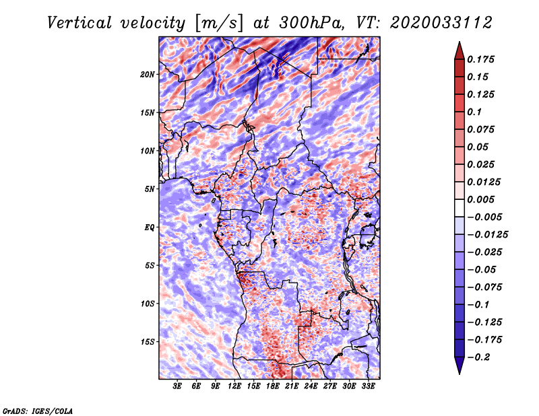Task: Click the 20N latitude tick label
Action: (x=147, y=74)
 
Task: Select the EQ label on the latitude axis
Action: (x=149, y=227)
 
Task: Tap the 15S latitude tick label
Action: (x=148, y=342)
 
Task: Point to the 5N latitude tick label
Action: (x=150, y=189)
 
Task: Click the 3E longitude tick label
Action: (x=177, y=386)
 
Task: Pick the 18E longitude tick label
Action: (x=272, y=386)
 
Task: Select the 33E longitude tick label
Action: (x=368, y=386)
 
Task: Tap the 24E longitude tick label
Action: (x=311, y=386)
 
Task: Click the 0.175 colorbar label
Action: (x=480, y=59)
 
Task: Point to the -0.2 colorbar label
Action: (x=478, y=357)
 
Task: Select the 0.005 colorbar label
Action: (x=480, y=199)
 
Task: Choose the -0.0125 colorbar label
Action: (x=487, y=235)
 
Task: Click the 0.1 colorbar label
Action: (x=474, y=112)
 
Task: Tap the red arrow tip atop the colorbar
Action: (x=459, y=42)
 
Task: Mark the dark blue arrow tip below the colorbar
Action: (x=459, y=374)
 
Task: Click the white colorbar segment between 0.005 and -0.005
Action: (x=459, y=208)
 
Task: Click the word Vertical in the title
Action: (x=80, y=23)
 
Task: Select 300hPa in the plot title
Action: (x=311, y=23)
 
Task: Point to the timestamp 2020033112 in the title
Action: (x=441, y=23)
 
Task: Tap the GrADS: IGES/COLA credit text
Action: (x=38, y=411)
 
